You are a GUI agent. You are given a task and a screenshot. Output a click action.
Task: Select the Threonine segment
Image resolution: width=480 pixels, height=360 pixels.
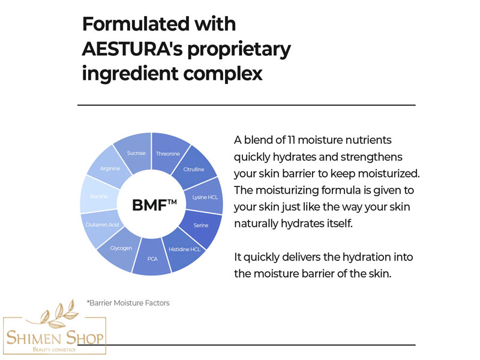pyautogui.click(x=169, y=153)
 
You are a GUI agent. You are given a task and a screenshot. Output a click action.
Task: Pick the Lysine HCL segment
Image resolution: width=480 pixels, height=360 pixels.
pyautogui.click(x=205, y=197)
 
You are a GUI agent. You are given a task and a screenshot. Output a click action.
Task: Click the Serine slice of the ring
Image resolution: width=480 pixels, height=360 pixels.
pyautogui.click(x=201, y=226)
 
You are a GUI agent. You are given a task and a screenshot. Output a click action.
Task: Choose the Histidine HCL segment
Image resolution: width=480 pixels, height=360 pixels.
pyautogui.click(x=184, y=250)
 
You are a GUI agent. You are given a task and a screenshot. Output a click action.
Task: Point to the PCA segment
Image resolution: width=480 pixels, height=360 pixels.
pyautogui.click(x=152, y=259)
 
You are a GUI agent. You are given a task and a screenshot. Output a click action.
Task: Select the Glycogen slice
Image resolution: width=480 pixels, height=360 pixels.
pyautogui.click(x=121, y=248)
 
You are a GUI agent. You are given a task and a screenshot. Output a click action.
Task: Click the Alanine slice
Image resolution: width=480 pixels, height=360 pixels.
pyautogui.click(x=98, y=196)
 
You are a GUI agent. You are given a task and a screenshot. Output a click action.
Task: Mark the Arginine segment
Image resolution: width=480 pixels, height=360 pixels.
pyautogui.click(x=110, y=168)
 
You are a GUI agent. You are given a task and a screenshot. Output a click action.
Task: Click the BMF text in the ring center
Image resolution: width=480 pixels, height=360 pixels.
pyautogui.click(x=149, y=205)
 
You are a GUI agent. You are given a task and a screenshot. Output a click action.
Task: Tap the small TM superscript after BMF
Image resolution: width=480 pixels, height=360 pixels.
pyautogui.click(x=172, y=202)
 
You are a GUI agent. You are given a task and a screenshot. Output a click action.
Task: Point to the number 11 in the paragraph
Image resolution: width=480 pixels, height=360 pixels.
pyautogui.click(x=291, y=140)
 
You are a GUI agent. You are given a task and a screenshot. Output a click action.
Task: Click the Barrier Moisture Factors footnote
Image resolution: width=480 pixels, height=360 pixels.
pyautogui.click(x=128, y=303)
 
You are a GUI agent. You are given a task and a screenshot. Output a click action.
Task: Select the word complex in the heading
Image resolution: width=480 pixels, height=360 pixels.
pyautogui.click(x=223, y=74)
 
